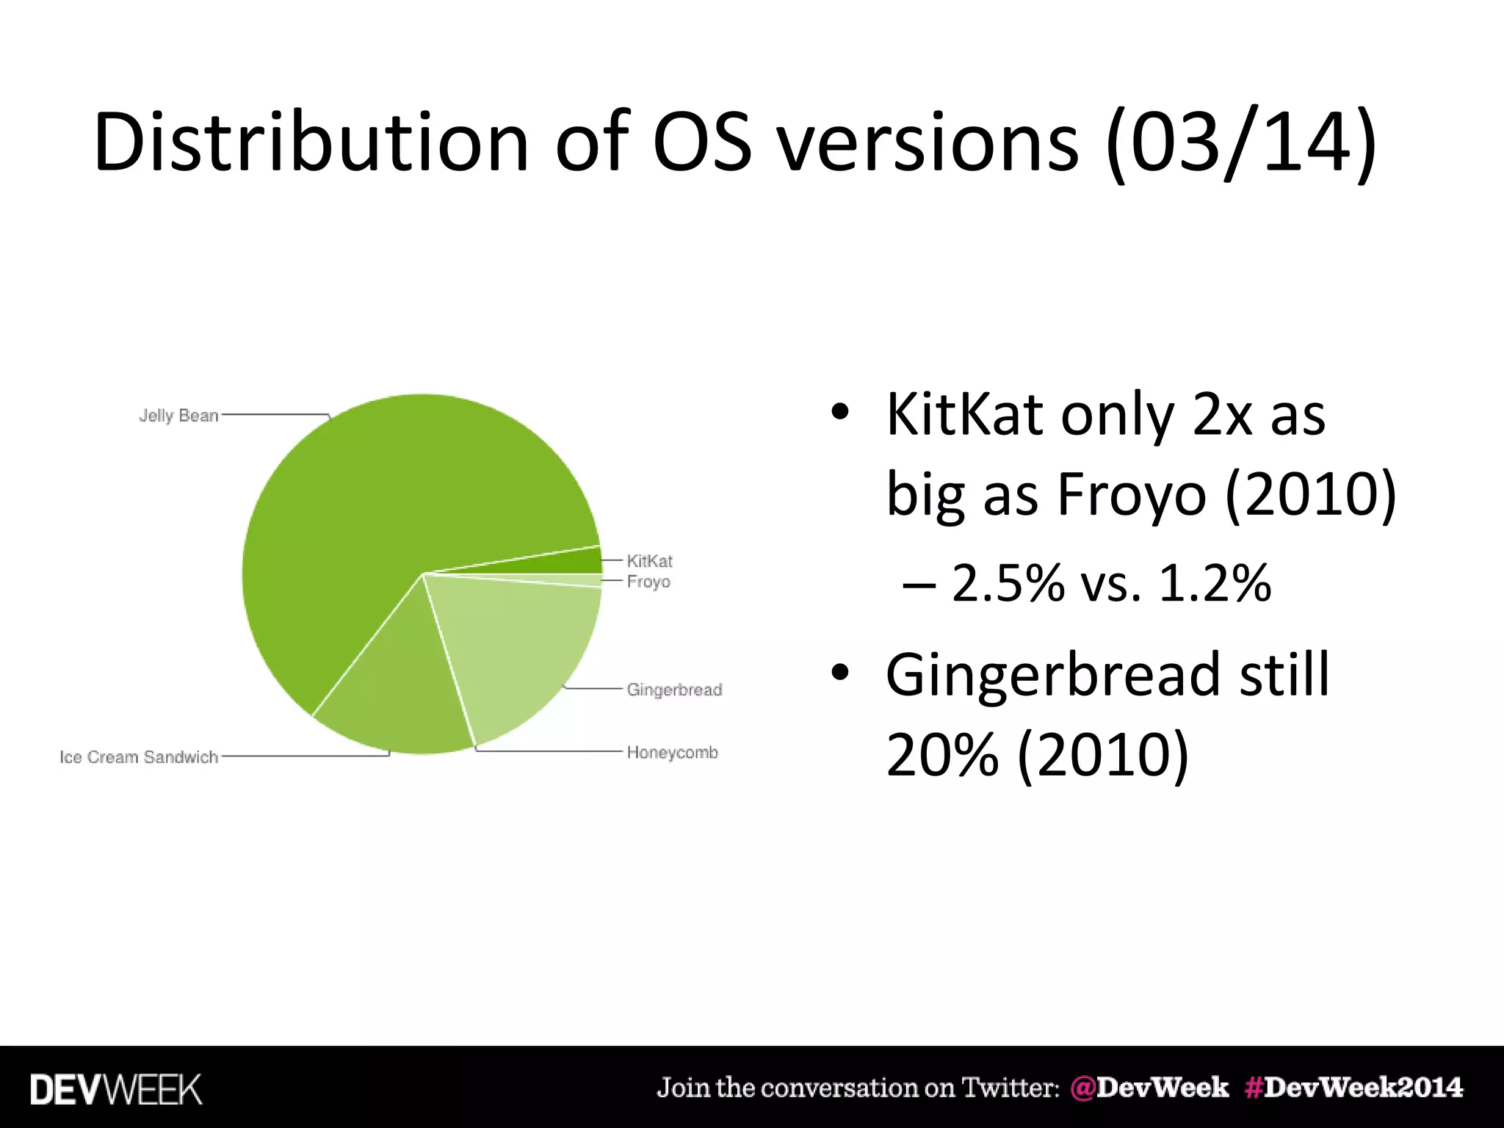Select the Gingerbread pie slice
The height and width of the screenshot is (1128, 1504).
521,646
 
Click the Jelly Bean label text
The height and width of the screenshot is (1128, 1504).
178,416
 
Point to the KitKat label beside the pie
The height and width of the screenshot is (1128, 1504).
649,561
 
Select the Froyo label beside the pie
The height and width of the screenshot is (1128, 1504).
648,582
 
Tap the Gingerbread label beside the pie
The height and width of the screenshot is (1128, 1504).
674,690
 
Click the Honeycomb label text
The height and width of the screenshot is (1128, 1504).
672,753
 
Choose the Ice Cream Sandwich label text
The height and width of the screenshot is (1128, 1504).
139,757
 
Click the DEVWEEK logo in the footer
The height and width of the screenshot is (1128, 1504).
116,1089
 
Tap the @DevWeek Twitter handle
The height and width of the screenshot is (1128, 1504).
1149,1088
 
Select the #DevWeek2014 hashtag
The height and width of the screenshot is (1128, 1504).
1353,1088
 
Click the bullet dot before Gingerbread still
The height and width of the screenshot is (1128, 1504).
840,673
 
